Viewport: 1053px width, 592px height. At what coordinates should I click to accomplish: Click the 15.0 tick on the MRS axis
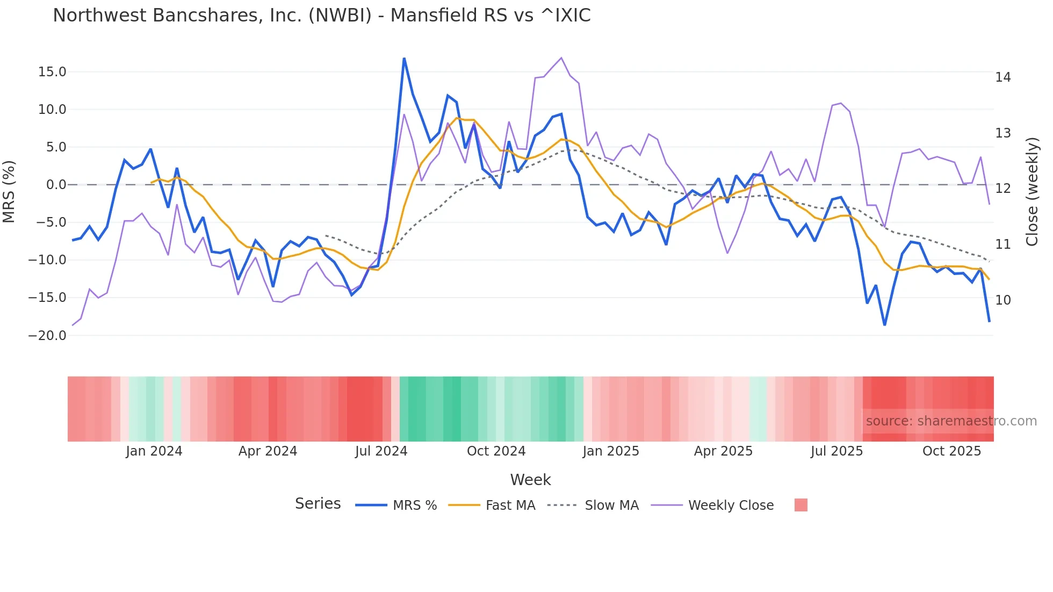pos(52,72)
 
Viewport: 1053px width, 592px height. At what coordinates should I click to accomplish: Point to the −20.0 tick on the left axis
pos(47,336)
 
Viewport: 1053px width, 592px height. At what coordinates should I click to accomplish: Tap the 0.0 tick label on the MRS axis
pos(56,185)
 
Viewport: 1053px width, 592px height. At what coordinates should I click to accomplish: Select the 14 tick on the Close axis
pos(1002,77)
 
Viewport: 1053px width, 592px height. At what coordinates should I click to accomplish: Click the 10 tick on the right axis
pos(1002,300)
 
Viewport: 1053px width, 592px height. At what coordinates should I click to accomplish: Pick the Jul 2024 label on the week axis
pos(381,451)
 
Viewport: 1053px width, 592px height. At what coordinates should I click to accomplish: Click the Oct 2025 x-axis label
pos(951,451)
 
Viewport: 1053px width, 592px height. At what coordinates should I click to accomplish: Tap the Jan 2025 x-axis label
pos(611,451)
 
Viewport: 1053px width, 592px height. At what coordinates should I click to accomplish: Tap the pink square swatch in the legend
pos(800,505)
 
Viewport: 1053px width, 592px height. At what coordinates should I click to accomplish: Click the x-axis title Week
pos(530,480)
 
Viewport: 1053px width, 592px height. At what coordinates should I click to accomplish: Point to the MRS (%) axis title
pos(9,192)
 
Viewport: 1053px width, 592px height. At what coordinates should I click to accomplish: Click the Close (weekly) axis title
pos(1032,192)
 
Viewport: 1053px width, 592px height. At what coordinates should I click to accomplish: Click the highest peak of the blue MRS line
pos(404,58)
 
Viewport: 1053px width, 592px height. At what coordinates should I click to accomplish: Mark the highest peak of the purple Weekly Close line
pos(561,57)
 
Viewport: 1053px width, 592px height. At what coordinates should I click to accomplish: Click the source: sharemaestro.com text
pos(951,421)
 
